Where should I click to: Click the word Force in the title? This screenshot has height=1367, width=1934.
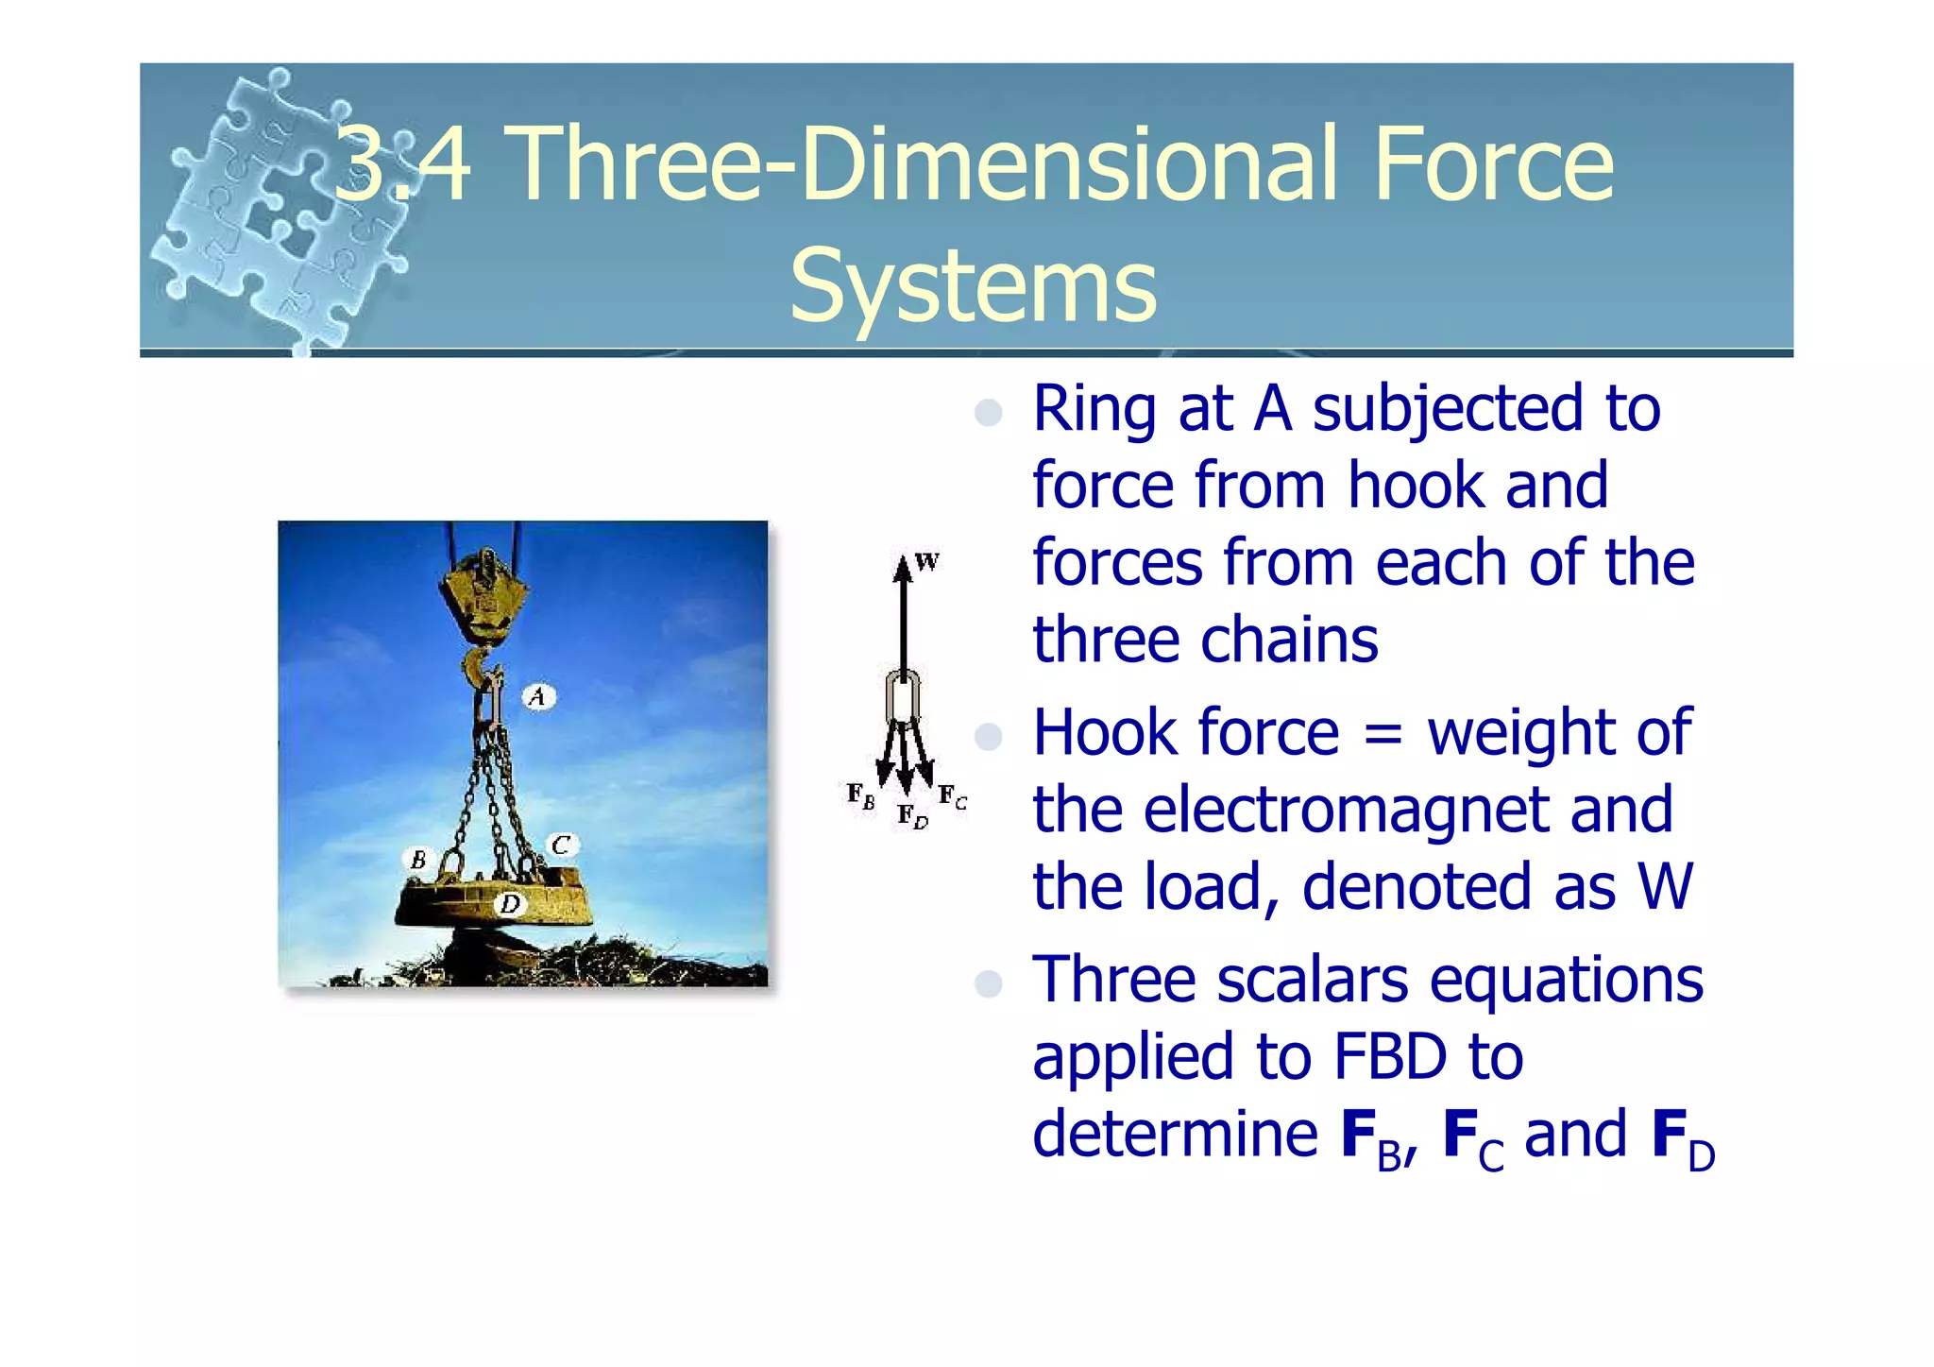click(x=1492, y=165)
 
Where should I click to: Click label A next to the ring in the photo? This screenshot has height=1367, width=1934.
click(x=538, y=697)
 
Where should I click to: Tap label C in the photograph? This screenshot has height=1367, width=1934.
click(x=561, y=845)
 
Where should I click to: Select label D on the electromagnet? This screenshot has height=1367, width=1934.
click(x=510, y=904)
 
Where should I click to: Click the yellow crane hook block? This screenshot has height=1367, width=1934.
click(x=483, y=595)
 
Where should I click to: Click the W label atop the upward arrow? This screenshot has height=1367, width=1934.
click(x=927, y=562)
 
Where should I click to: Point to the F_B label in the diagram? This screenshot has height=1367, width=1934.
click(x=859, y=795)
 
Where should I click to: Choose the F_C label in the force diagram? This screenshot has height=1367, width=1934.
click(x=952, y=798)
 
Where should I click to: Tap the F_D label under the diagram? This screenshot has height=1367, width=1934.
click(x=911, y=816)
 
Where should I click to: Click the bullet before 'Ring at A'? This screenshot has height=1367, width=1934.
click(x=988, y=413)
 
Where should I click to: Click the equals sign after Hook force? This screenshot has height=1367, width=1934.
click(x=1383, y=734)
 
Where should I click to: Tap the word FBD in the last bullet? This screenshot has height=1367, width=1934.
click(x=1389, y=1057)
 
